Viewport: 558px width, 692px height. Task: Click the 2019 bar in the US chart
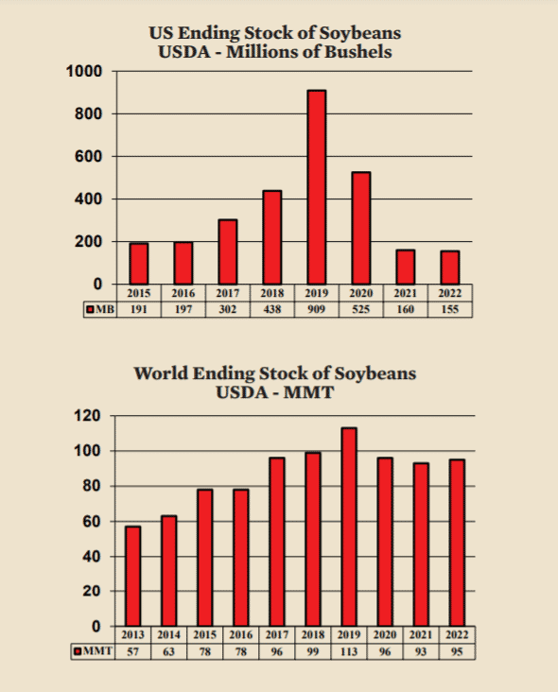tap(317, 187)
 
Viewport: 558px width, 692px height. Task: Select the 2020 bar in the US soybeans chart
tap(361, 228)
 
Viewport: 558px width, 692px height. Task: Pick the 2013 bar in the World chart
tap(133, 576)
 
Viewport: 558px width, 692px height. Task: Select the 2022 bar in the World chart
tap(457, 543)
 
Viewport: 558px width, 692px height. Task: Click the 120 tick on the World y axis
tap(88, 416)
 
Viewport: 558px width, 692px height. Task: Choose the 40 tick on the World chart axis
tap(91, 556)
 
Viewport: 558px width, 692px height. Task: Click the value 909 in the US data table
tap(317, 309)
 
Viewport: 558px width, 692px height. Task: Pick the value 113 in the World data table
tap(349, 651)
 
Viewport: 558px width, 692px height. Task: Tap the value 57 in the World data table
tap(133, 651)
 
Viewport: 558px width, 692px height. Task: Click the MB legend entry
tap(99, 309)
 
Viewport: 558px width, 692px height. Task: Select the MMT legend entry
tap(94, 651)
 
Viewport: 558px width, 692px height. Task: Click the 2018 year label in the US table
tap(272, 293)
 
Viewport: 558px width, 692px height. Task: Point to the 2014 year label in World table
tap(169, 635)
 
